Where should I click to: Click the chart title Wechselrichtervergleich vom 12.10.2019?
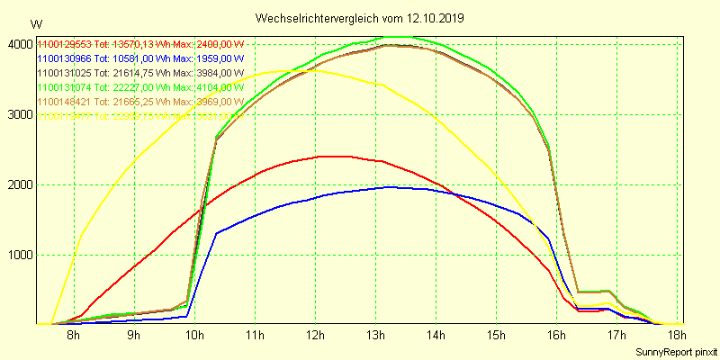pos(360,18)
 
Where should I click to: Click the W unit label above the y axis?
pos(35,24)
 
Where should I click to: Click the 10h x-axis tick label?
pos(193,336)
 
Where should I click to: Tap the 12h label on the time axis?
pos(314,336)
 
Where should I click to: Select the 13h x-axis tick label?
pos(374,336)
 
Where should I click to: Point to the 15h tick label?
pos(495,336)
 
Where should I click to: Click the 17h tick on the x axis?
pos(616,336)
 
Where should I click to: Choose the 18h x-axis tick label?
pos(676,336)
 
